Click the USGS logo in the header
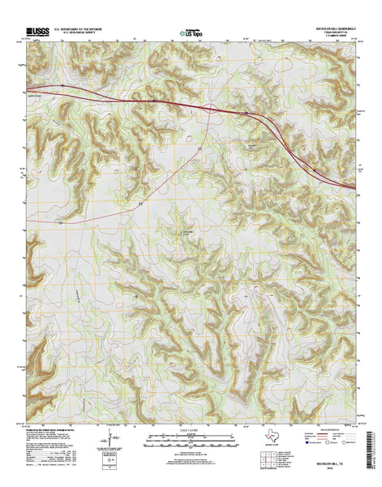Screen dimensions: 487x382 pos(38,32)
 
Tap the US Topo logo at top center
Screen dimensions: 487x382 pos(187,34)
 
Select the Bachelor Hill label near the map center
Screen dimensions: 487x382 pos(187,231)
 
